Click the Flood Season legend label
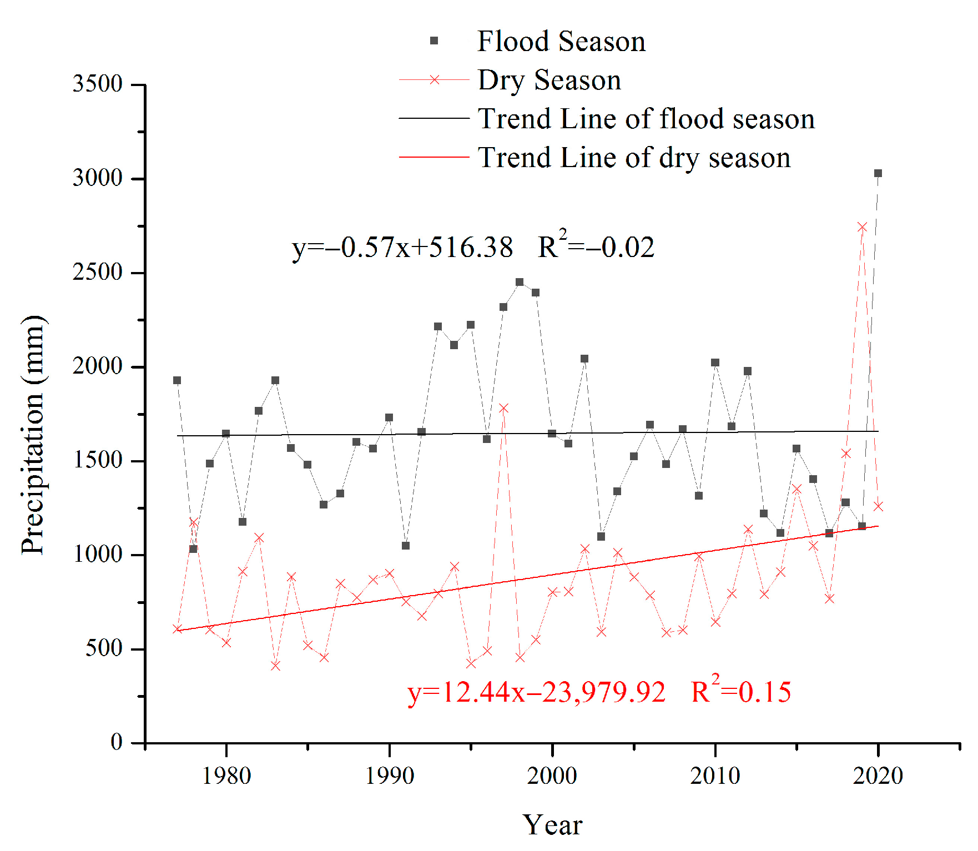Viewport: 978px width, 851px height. [561, 42]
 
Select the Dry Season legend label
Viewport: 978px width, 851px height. [549, 80]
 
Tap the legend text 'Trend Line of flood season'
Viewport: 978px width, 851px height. [646, 119]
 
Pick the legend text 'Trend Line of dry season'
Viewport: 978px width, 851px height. [634, 158]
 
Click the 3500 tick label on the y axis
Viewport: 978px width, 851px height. [98, 84]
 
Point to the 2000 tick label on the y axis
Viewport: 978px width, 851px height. [98, 366]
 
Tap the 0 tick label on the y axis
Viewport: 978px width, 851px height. [117, 742]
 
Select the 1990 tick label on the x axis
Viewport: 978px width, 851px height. [389, 776]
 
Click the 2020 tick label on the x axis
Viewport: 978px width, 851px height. [878, 776]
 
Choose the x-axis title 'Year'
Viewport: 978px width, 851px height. [552, 825]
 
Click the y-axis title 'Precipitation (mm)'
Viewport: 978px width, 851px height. [33, 435]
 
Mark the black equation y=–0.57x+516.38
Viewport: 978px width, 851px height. [402, 248]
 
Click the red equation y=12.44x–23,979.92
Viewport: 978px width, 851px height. [536, 692]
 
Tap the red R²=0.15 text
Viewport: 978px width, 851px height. [741, 691]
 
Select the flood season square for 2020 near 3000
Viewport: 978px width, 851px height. [878, 173]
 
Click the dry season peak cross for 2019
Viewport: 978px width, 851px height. [862, 227]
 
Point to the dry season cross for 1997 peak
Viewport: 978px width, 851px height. [503, 409]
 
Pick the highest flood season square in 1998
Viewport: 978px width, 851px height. [520, 282]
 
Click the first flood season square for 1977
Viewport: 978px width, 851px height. [177, 380]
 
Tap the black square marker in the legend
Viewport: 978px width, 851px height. [434, 41]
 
